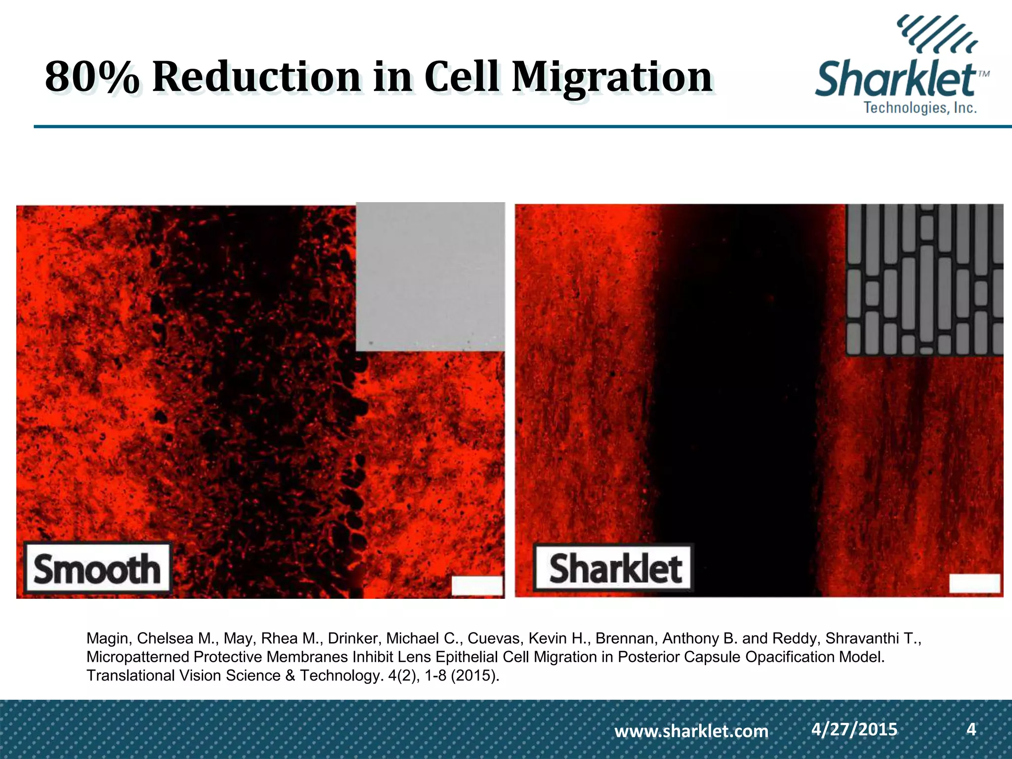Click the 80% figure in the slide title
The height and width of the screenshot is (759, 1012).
click(92, 78)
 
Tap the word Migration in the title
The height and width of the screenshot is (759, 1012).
click(611, 78)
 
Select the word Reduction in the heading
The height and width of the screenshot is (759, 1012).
click(256, 78)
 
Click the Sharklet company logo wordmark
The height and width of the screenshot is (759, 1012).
click(895, 80)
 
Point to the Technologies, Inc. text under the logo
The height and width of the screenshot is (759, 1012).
click(920, 108)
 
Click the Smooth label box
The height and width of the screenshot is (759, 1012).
click(97, 568)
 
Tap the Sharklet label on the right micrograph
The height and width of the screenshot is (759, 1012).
click(614, 568)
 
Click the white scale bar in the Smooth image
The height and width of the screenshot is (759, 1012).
click(477, 586)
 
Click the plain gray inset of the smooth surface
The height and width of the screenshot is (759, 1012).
click(430, 277)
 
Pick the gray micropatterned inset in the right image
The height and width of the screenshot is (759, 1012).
click(924, 280)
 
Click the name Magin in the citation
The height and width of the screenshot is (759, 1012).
click(108, 638)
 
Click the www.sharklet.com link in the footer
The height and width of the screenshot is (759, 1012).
click(691, 731)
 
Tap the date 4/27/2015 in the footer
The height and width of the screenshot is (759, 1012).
click(854, 729)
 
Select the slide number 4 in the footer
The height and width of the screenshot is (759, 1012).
click(971, 729)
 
